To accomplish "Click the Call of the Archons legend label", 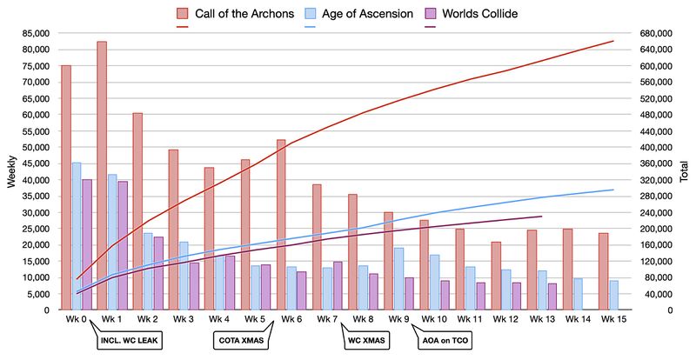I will click(x=247, y=13).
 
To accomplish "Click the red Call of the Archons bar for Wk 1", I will click(x=102, y=174).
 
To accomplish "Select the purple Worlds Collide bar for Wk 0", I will click(x=87, y=244).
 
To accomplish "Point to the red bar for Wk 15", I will click(x=603, y=270).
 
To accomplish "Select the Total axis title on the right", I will click(x=686, y=171).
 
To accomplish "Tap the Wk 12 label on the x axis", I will click(x=504, y=319).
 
